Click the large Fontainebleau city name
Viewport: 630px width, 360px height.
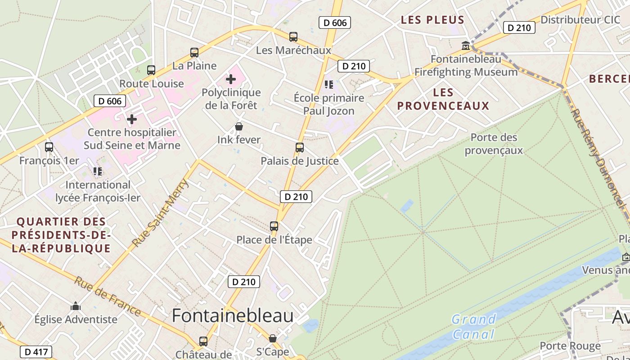click(233, 316)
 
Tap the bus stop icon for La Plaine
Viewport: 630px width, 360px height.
click(194, 53)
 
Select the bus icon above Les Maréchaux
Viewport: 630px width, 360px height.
click(293, 37)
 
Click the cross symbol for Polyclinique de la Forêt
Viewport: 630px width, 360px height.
click(231, 80)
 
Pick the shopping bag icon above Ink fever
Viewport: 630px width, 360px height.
click(239, 127)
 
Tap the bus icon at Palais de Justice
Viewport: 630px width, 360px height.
click(300, 148)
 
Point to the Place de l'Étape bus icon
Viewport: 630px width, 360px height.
click(274, 226)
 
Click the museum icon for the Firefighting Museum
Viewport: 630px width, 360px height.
click(466, 46)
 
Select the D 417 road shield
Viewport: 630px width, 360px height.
click(36, 352)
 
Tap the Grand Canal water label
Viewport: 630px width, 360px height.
click(473, 327)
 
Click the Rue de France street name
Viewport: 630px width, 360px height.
click(108, 296)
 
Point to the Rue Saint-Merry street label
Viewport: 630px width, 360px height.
click(160, 213)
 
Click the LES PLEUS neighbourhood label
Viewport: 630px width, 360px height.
click(432, 20)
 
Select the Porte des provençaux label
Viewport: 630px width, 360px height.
click(494, 144)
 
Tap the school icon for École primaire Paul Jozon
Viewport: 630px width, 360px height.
click(329, 85)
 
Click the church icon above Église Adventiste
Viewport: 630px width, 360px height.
click(76, 306)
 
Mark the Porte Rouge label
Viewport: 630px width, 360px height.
click(570, 346)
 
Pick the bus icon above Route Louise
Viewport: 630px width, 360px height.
click(151, 70)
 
